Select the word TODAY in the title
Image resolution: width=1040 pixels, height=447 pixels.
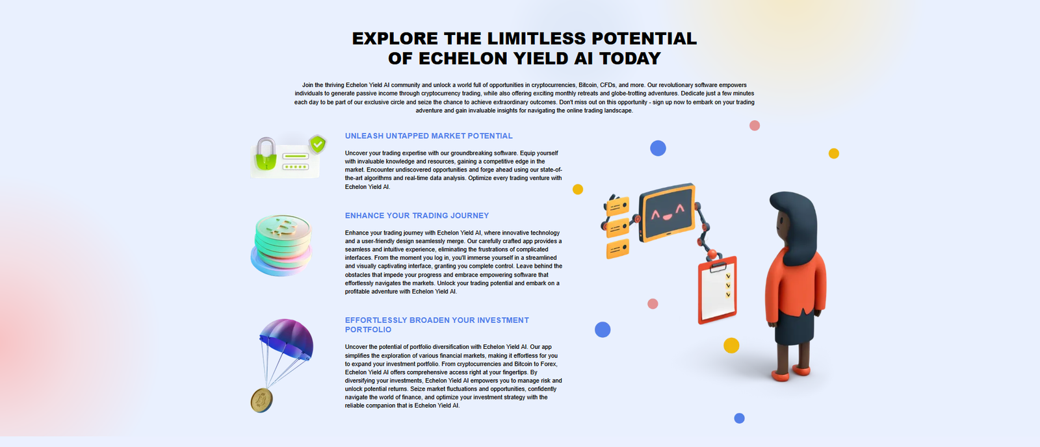[630, 58]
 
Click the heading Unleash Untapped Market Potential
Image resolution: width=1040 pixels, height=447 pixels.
[428, 136]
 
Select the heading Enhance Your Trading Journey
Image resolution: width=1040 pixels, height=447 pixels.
[417, 216]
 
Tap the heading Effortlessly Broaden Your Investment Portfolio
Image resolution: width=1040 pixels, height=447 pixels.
[437, 325]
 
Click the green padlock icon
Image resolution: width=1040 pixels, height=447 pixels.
[266, 154]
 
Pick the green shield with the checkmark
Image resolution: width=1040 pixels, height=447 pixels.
[318, 144]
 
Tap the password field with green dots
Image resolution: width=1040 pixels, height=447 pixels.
[296, 166]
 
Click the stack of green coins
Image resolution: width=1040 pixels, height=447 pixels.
[282, 245]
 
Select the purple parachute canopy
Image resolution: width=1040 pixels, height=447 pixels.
[287, 337]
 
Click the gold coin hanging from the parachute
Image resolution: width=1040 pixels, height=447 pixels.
[262, 401]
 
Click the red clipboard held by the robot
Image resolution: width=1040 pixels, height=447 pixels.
[718, 290]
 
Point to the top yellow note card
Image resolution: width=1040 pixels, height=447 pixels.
[618, 206]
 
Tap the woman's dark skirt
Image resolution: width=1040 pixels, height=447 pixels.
[794, 327]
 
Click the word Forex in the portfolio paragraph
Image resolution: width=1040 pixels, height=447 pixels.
[549, 364]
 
